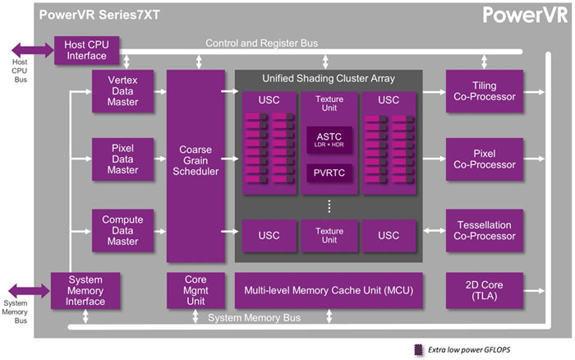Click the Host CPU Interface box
tap(86, 48)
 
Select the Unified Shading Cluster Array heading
tap(329, 78)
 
